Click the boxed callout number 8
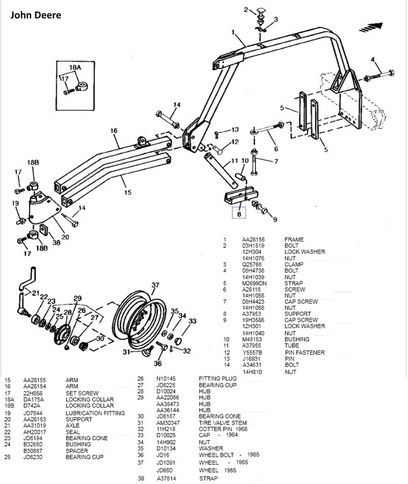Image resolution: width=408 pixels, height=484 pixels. [240, 215]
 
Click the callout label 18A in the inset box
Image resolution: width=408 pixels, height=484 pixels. [76, 67]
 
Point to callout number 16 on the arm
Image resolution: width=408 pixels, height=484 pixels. [115, 131]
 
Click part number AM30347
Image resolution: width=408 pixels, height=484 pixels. [168, 422]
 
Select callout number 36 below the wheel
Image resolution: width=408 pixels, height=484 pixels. [157, 364]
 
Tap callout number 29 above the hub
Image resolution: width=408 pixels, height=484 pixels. [77, 299]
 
